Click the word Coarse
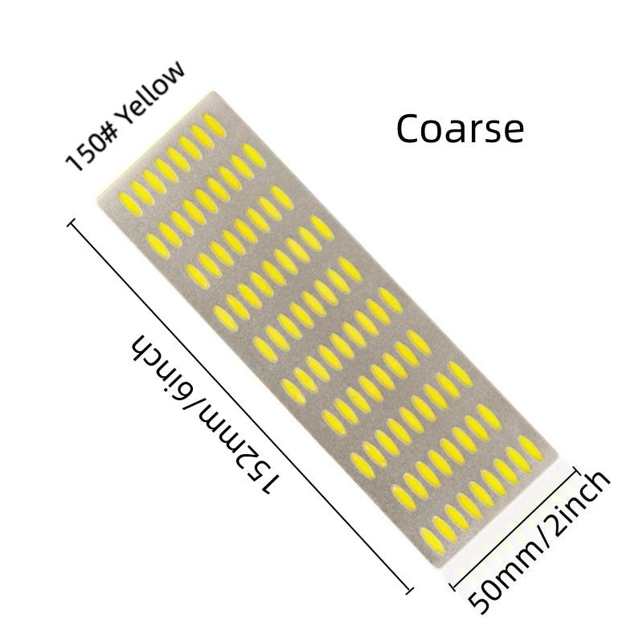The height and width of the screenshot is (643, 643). pos(460,129)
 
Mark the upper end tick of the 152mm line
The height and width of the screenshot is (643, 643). pos(72,223)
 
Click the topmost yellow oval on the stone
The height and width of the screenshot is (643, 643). pos(214,125)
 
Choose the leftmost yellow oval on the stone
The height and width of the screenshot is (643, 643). pos(130,204)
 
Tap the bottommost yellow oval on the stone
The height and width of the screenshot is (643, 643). pos(432,541)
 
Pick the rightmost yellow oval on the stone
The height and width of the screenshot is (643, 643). pos(531,448)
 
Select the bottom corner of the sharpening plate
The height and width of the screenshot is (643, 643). pos(441,566)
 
